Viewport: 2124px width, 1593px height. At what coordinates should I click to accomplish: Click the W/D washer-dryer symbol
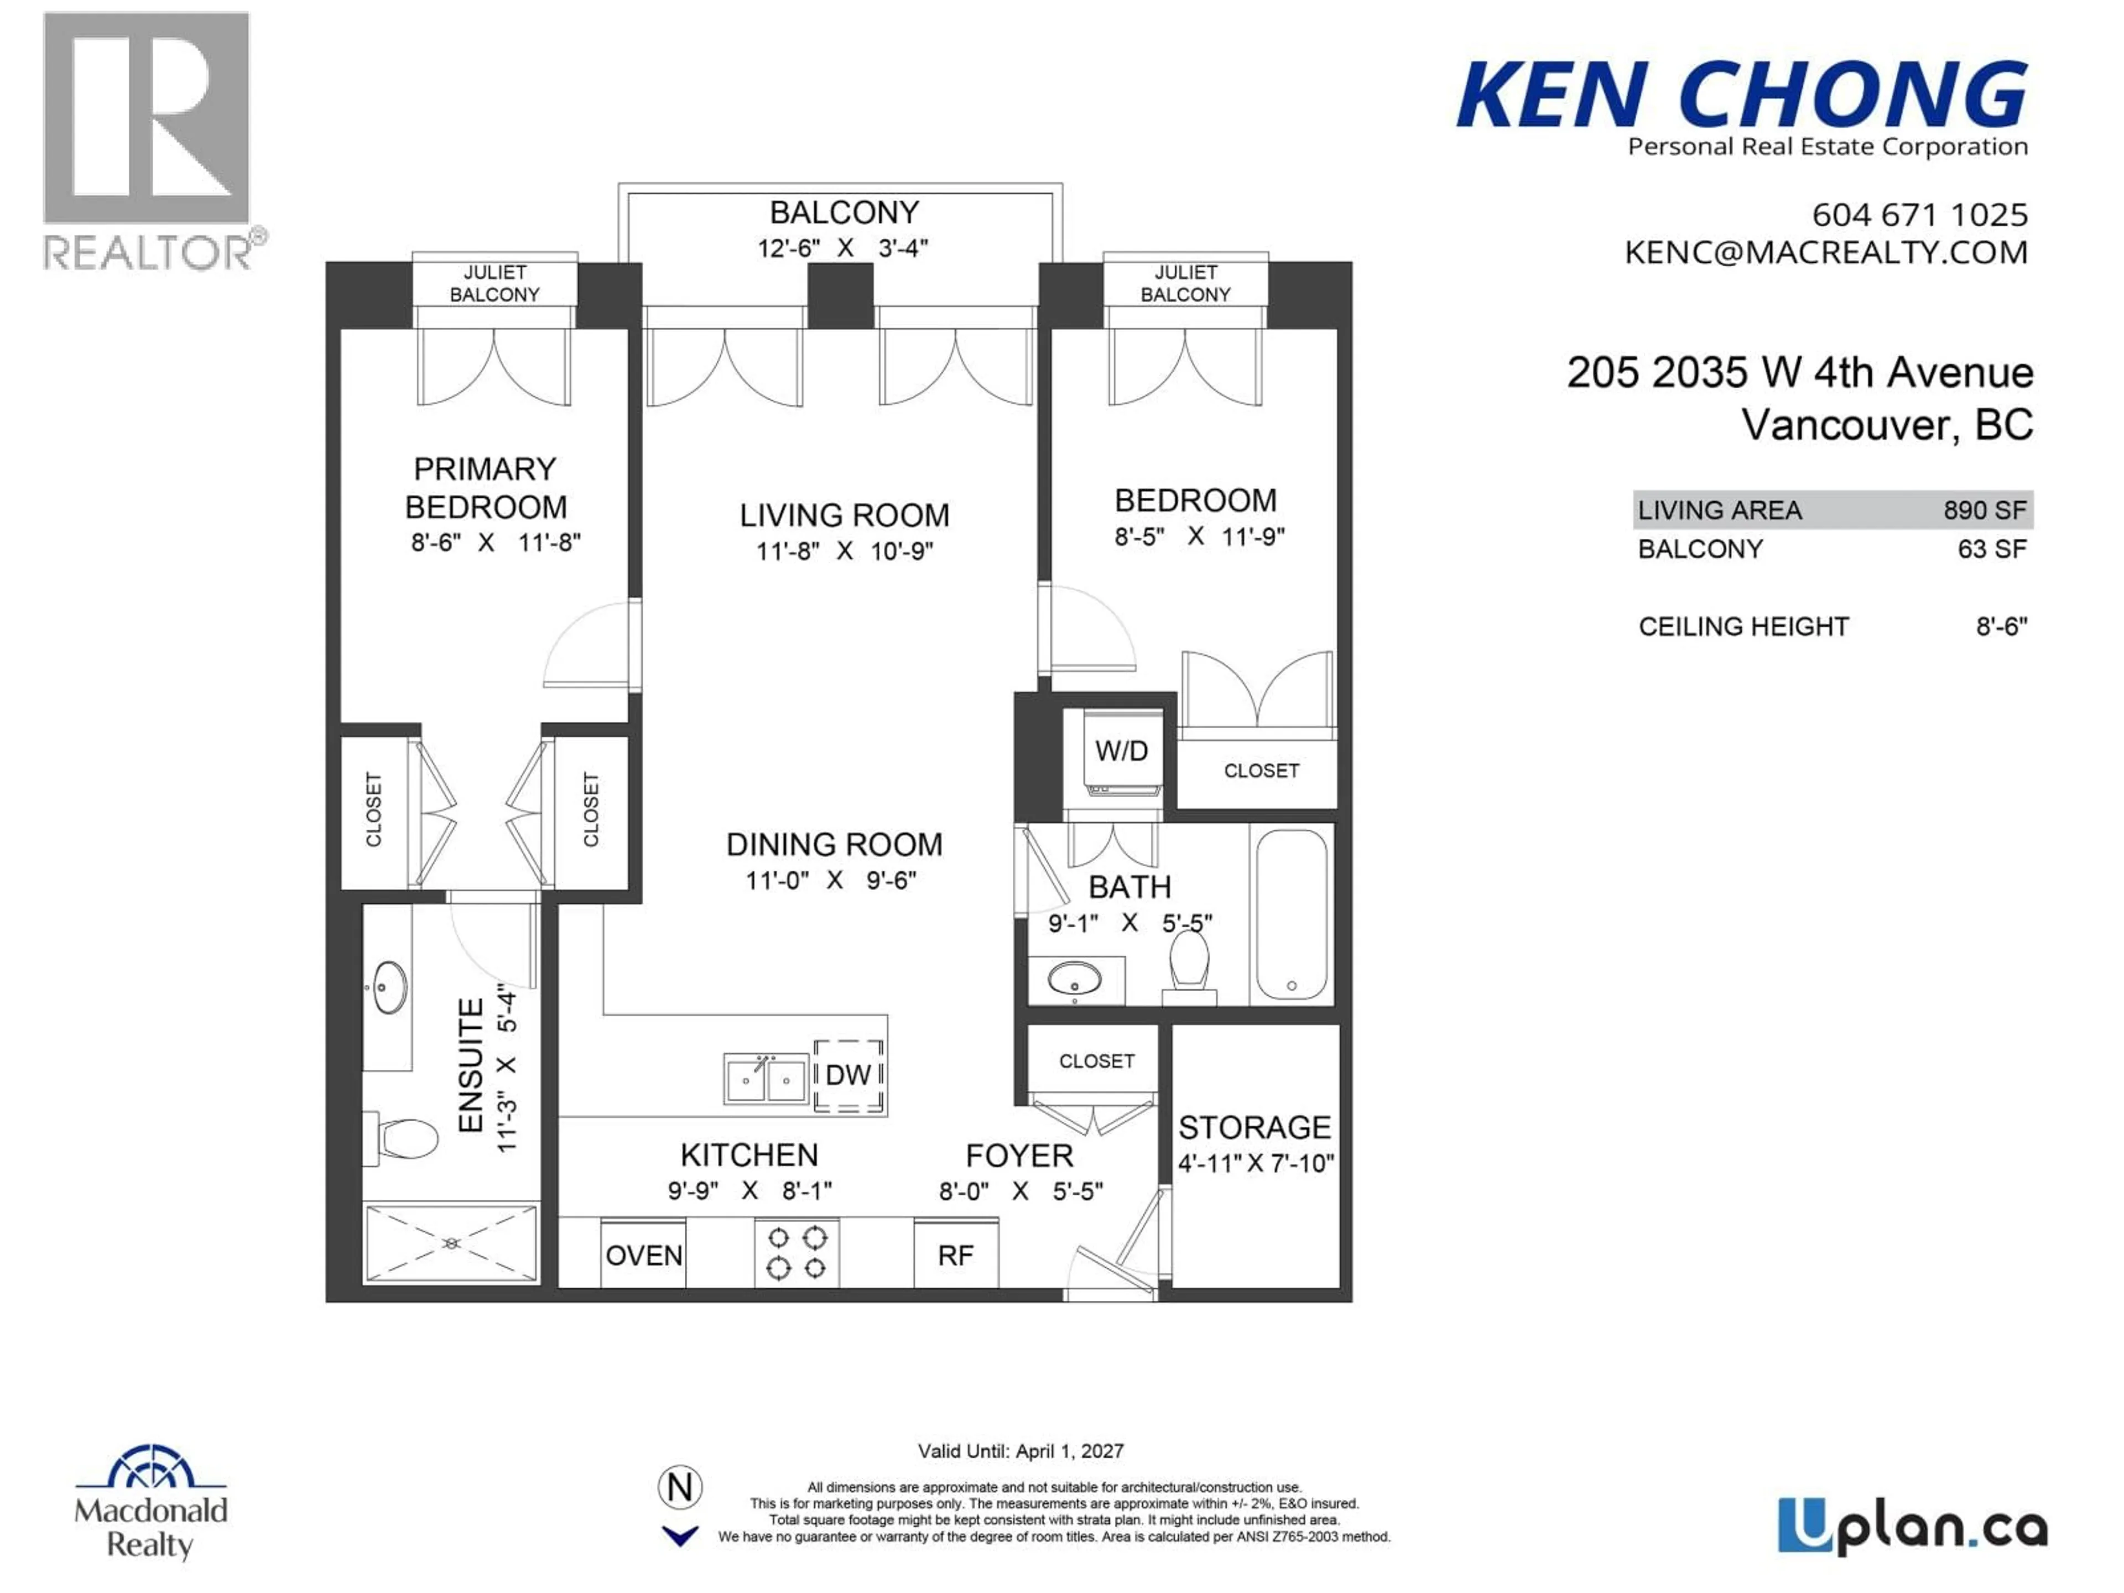pos(1121,751)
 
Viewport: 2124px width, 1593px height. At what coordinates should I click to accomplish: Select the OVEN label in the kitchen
pos(643,1255)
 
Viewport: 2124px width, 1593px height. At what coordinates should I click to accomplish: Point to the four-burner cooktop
pos(796,1253)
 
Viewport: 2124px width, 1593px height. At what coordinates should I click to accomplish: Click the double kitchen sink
pos(766,1079)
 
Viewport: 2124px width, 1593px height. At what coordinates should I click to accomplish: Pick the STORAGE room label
pos(1254,1127)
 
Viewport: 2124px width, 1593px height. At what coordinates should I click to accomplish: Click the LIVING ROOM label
pos(844,516)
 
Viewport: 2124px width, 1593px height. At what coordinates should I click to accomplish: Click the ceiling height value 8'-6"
pos(2001,627)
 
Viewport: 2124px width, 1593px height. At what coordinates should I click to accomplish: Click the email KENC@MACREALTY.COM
pos(1825,253)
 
